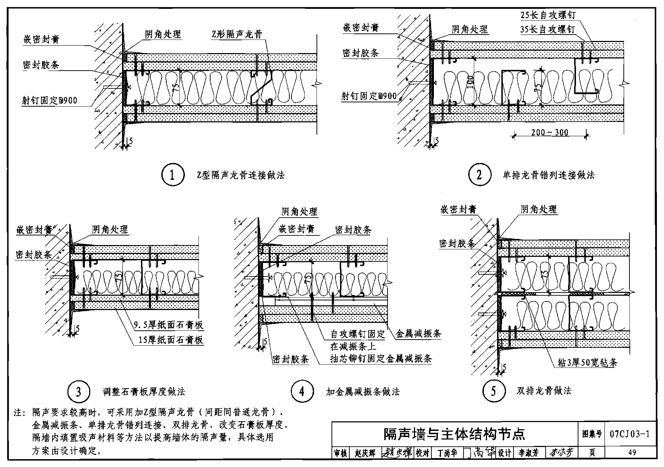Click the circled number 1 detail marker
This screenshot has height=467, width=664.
[173, 175]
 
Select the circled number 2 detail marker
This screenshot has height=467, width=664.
[479, 175]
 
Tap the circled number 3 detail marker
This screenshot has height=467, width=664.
[79, 392]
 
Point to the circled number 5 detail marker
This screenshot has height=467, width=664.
[494, 391]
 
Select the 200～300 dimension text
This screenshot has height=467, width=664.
[549, 132]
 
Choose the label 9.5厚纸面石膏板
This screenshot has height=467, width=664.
[168, 325]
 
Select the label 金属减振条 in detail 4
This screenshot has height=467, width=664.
[418, 334]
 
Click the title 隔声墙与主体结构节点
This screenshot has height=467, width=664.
[454, 434]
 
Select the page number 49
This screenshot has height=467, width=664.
[632, 452]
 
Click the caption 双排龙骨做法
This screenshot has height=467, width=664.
[544, 391]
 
